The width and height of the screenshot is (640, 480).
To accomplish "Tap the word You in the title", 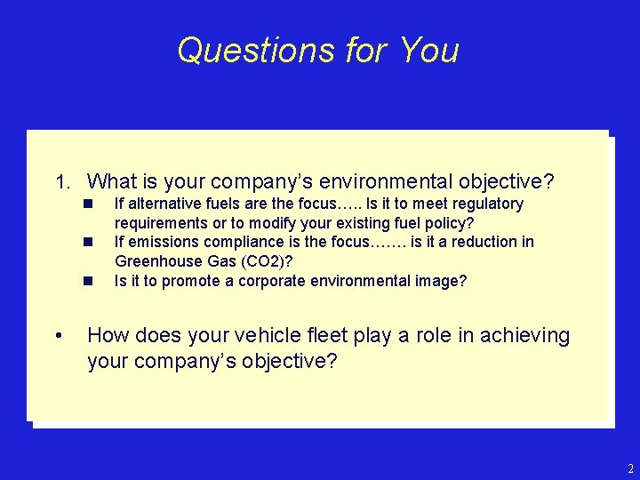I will (429, 50).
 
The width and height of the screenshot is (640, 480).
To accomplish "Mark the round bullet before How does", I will (58, 336).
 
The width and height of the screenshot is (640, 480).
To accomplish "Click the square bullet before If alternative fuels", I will (89, 204).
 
